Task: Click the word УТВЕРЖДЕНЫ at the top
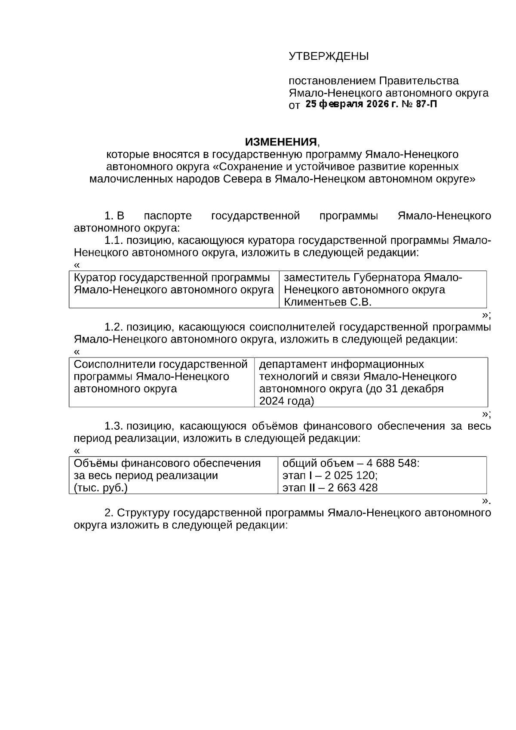coord(329,56)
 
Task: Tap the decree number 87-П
coord(427,104)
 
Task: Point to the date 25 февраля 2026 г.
coord(352,104)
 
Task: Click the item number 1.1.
coord(114,240)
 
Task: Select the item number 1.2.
coord(114,327)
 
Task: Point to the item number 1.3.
coord(114,426)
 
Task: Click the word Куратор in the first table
coord(95,277)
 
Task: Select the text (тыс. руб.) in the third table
coord(101,488)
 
